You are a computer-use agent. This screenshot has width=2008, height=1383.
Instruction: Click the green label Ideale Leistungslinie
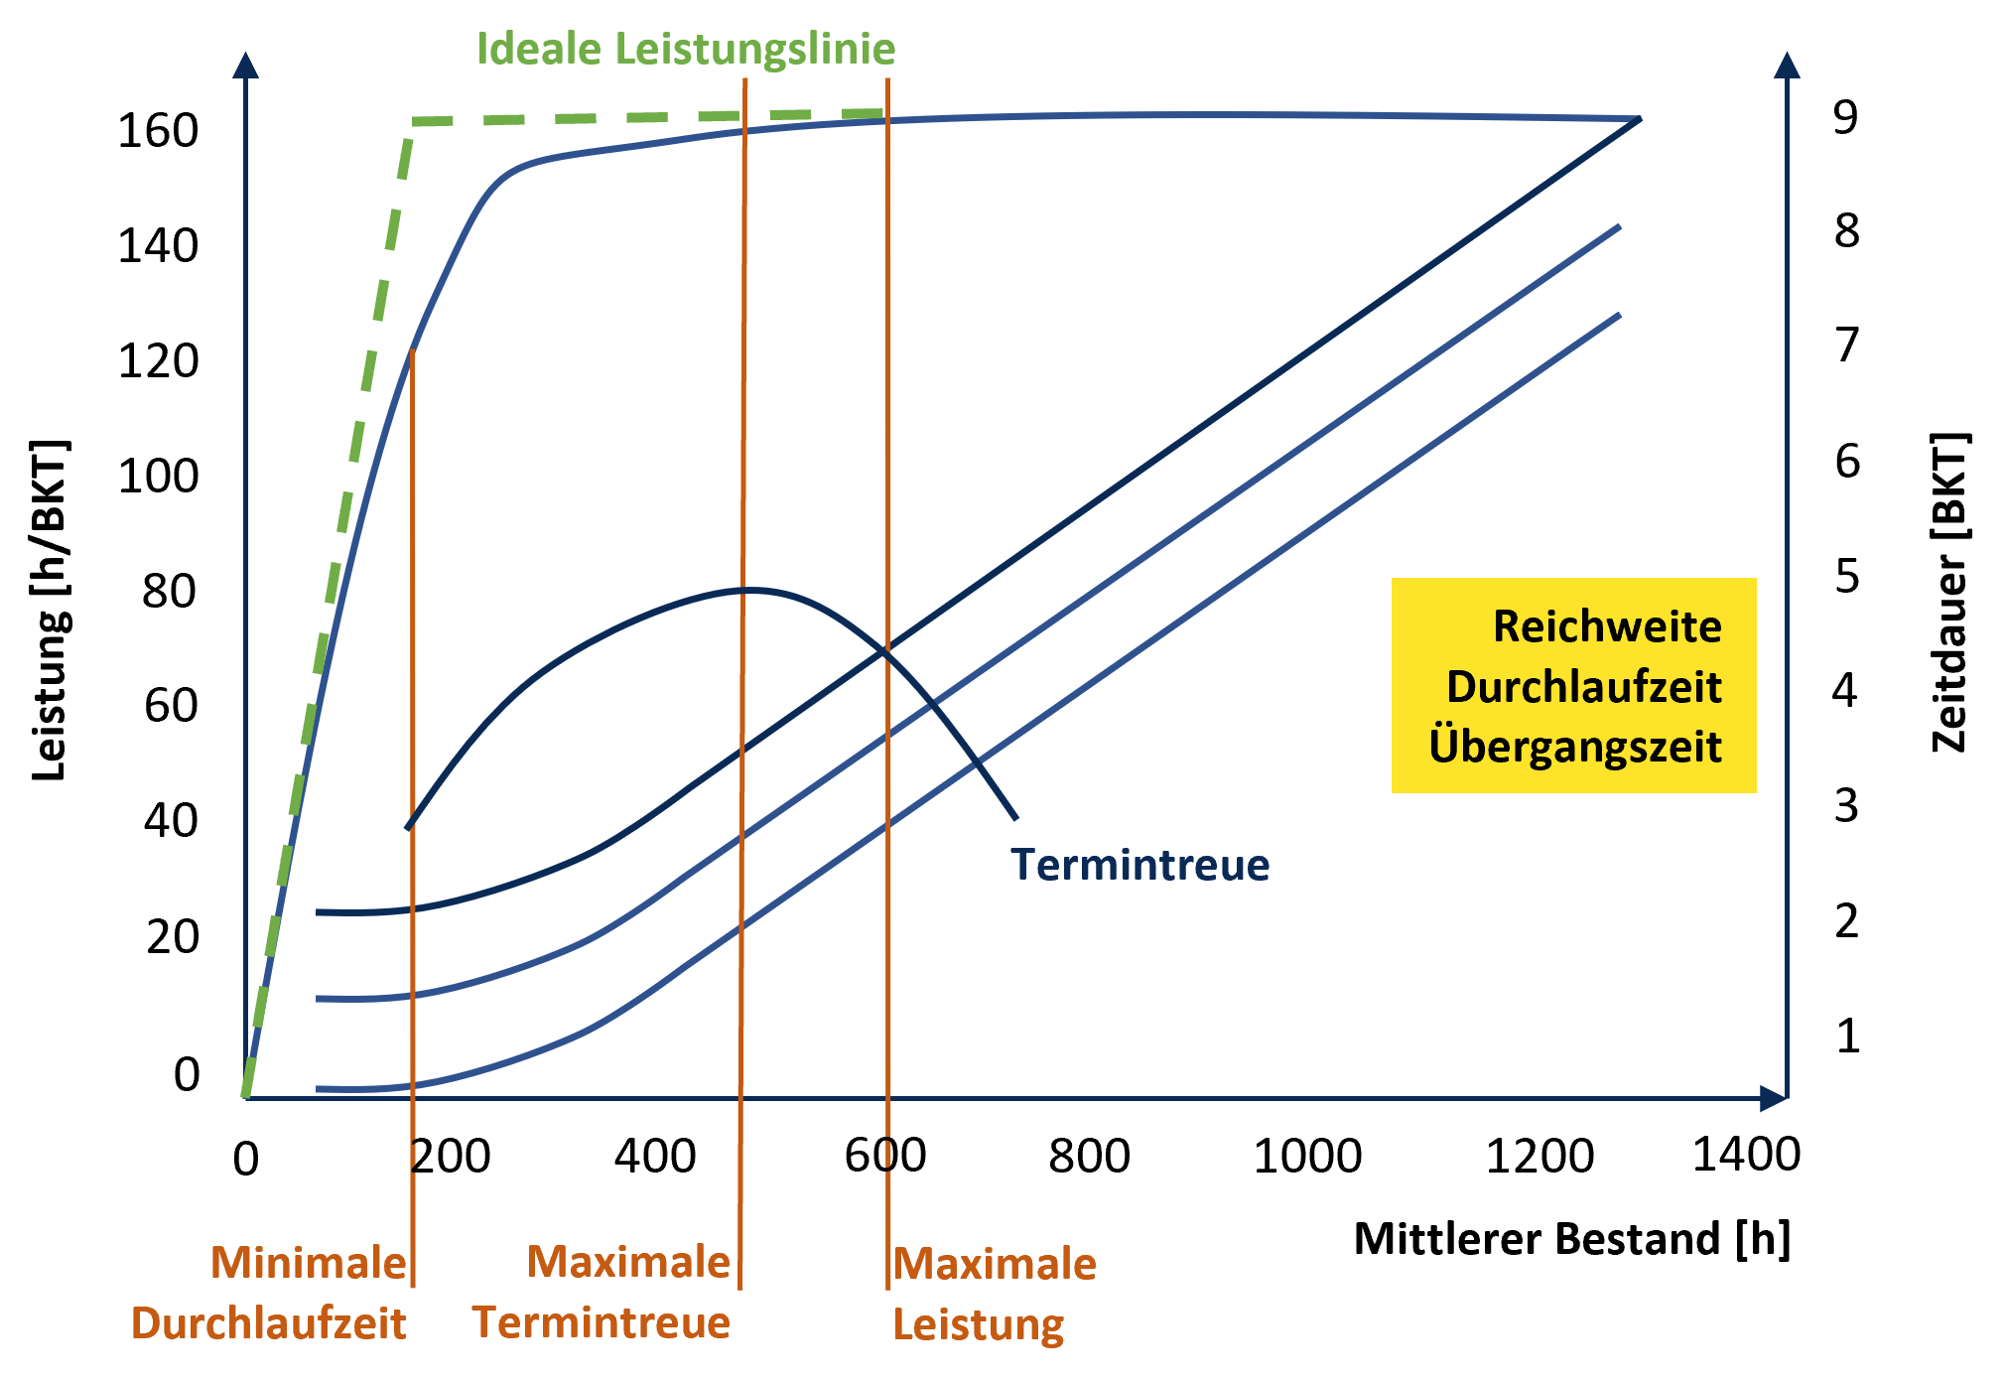(686, 49)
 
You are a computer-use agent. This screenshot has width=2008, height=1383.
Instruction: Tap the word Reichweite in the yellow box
(1607, 626)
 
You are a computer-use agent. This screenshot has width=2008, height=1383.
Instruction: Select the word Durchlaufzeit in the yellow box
(1583, 687)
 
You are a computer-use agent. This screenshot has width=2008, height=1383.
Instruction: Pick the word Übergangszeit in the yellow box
(1575, 747)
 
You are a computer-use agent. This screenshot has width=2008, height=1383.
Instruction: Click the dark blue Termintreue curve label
(1139, 865)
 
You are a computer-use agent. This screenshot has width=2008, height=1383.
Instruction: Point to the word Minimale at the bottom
(309, 1263)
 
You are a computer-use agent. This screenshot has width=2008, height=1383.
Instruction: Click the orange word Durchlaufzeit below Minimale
(268, 1323)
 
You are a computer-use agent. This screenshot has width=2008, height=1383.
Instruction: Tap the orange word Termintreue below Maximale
(601, 1322)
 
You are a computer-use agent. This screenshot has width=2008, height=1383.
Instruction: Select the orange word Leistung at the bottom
(978, 1324)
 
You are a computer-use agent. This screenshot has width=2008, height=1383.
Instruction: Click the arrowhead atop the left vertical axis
(245, 66)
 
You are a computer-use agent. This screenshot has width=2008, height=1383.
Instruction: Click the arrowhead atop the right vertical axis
(1787, 66)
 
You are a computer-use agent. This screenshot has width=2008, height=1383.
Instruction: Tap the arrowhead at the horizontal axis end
(1773, 1098)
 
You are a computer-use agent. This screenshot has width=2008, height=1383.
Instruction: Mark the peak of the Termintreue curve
(751, 590)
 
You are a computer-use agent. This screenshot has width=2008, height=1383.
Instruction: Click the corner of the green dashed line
(413, 122)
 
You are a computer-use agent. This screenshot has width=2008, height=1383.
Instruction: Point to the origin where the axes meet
(246, 1097)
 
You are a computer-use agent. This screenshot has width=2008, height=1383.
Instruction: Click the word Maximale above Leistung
(995, 1264)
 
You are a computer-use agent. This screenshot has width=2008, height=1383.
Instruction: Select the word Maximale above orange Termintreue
(628, 1262)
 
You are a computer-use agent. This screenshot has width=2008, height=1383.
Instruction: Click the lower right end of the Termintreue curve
(1015, 818)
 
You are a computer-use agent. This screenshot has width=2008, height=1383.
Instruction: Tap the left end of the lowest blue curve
(319, 1089)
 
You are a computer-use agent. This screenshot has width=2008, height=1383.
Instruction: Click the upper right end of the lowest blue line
(1619, 315)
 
